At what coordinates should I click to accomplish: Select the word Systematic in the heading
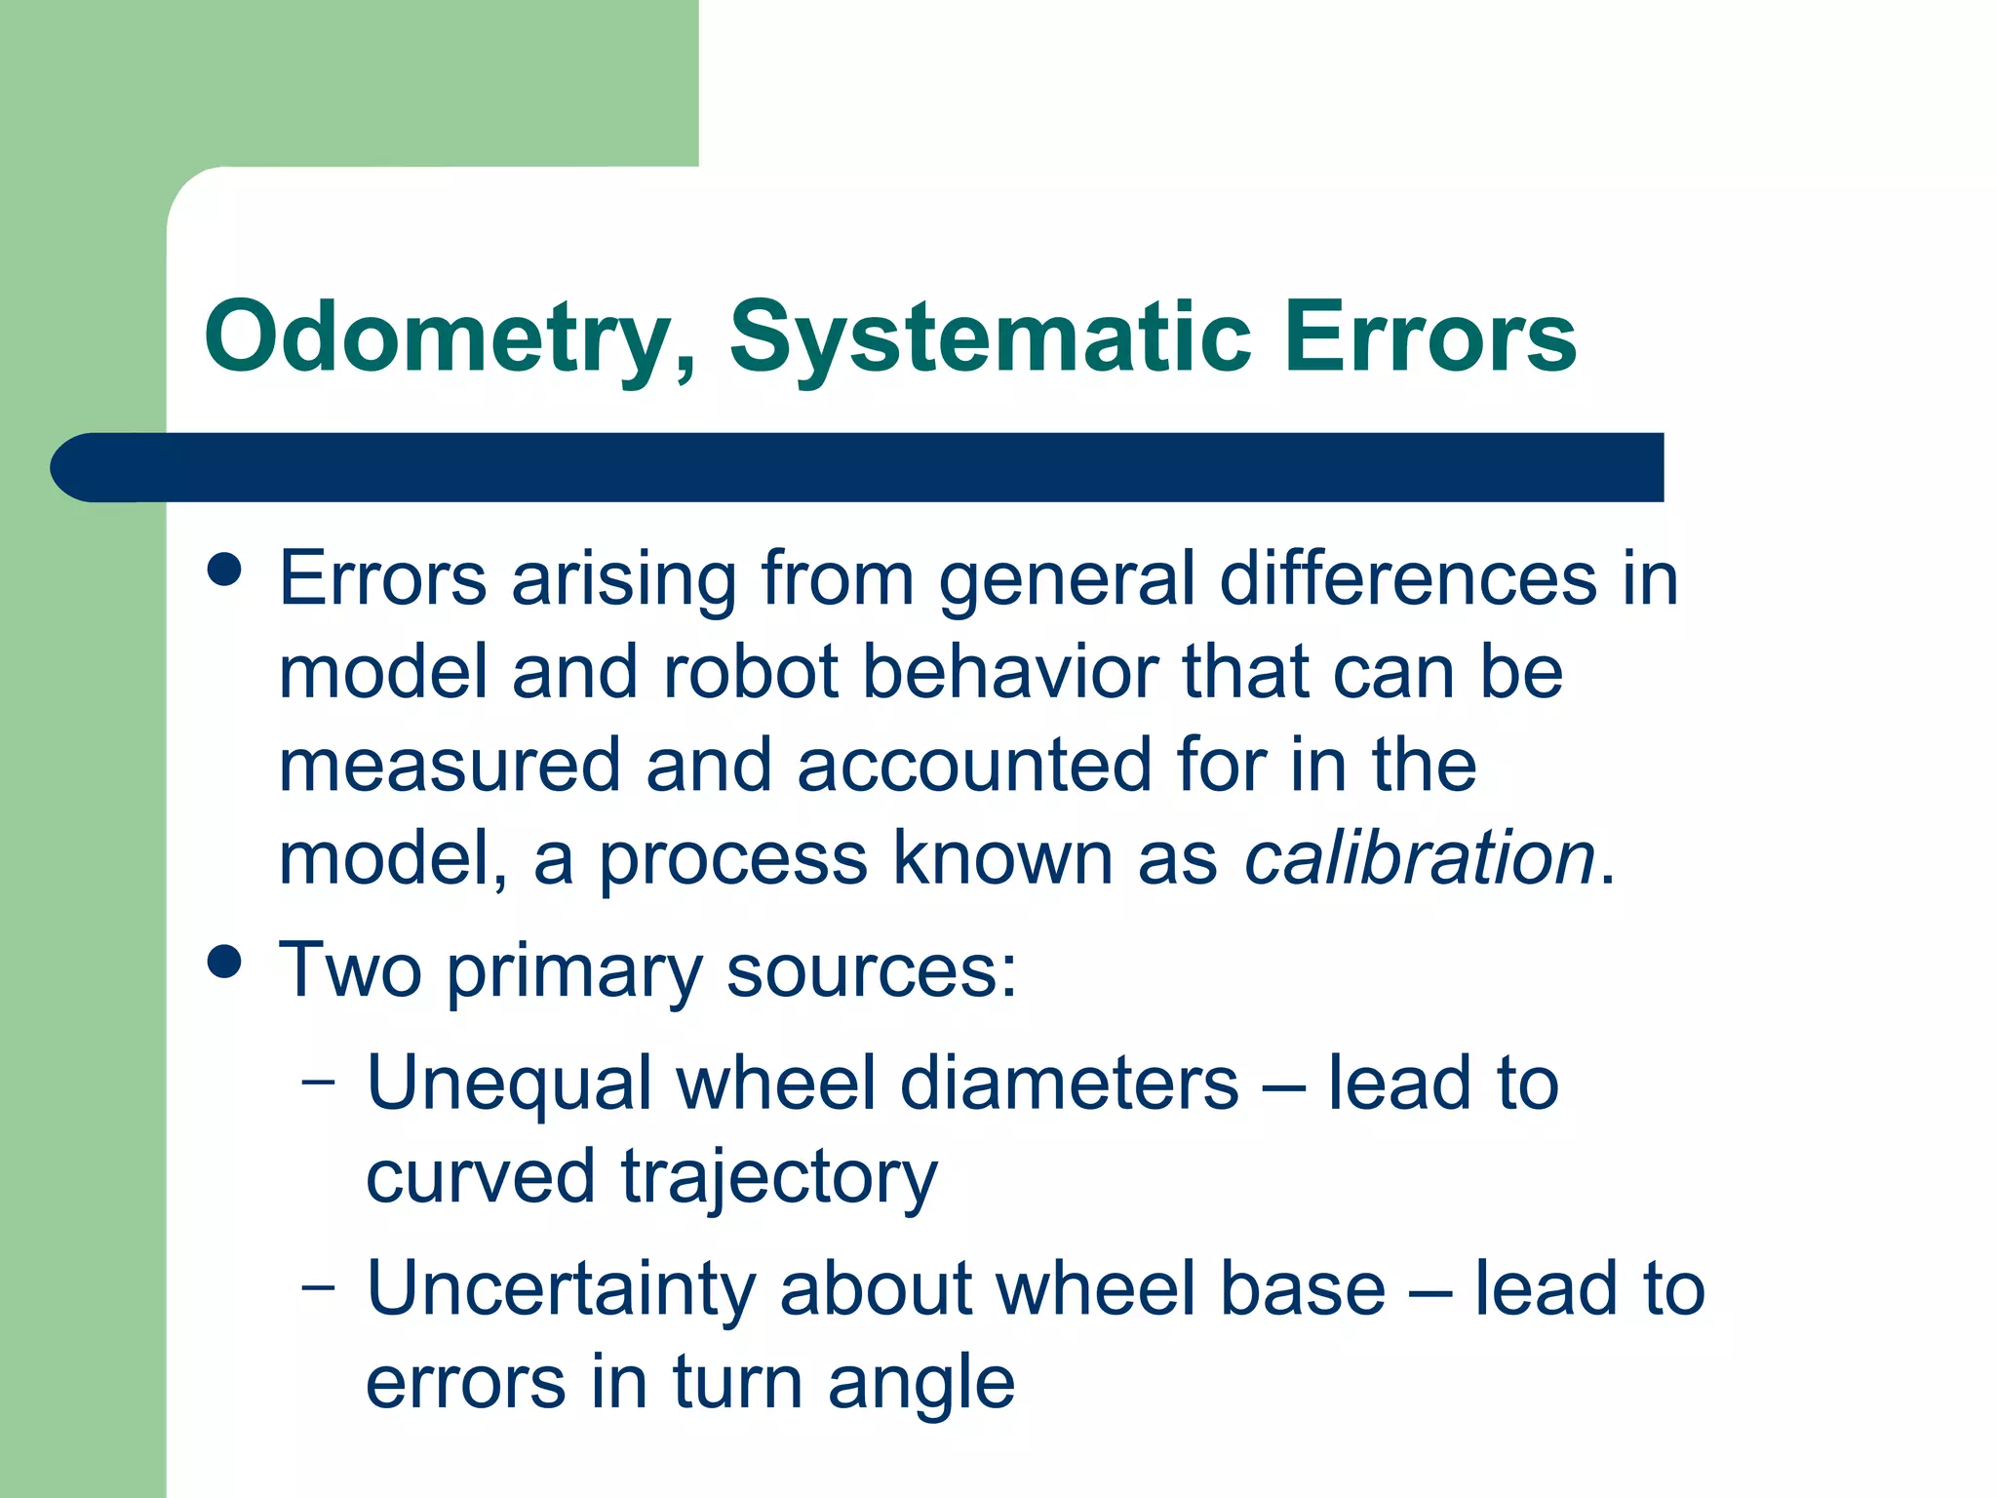[x=990, y=337]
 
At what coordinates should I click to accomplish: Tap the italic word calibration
[x=1420, y=858]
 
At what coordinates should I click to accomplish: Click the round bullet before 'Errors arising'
[x=224, y=570]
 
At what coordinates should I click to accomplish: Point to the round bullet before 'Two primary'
[x=224, y=962]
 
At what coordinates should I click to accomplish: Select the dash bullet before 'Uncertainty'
[x=318, y=1286]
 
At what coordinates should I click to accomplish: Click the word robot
[x=751, y=672]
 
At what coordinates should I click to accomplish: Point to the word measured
[x=450, y=766]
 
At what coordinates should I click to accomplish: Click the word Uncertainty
[x=561, y=1288]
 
